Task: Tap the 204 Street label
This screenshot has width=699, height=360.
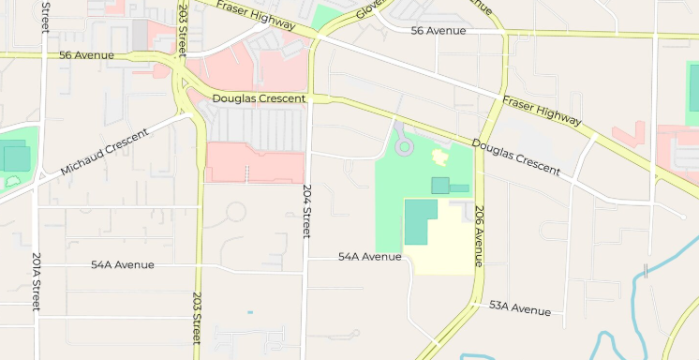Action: pyautogui.click(x=306, y=210)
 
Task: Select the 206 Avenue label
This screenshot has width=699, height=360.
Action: pyautogui.click(x=479, y=235)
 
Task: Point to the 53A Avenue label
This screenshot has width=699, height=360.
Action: pyautogui.click(x=520, y=308)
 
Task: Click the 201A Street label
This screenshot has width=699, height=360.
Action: pyautogui.click(x=37, y=282)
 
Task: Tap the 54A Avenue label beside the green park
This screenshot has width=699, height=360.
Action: pyautogui.click(x=369, y=256)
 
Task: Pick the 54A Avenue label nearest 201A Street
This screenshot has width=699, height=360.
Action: pyautogui.click(x=122, y=265)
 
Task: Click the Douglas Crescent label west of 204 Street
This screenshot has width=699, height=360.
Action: pyautogui.click(x=260, y=98)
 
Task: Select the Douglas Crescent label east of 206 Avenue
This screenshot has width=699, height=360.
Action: pyautogui.click(x=516, y=157)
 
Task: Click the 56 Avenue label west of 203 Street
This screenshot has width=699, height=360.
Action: pyautogui.click(x=86, y=55)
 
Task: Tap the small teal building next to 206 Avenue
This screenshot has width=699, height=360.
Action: pyautogui.click(x=440, y=185)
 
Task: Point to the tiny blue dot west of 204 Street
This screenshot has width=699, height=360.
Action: pyautogui.click(x=250, y=311)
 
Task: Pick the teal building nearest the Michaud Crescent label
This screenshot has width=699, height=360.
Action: pyautogui.click(x=15, y=157)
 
